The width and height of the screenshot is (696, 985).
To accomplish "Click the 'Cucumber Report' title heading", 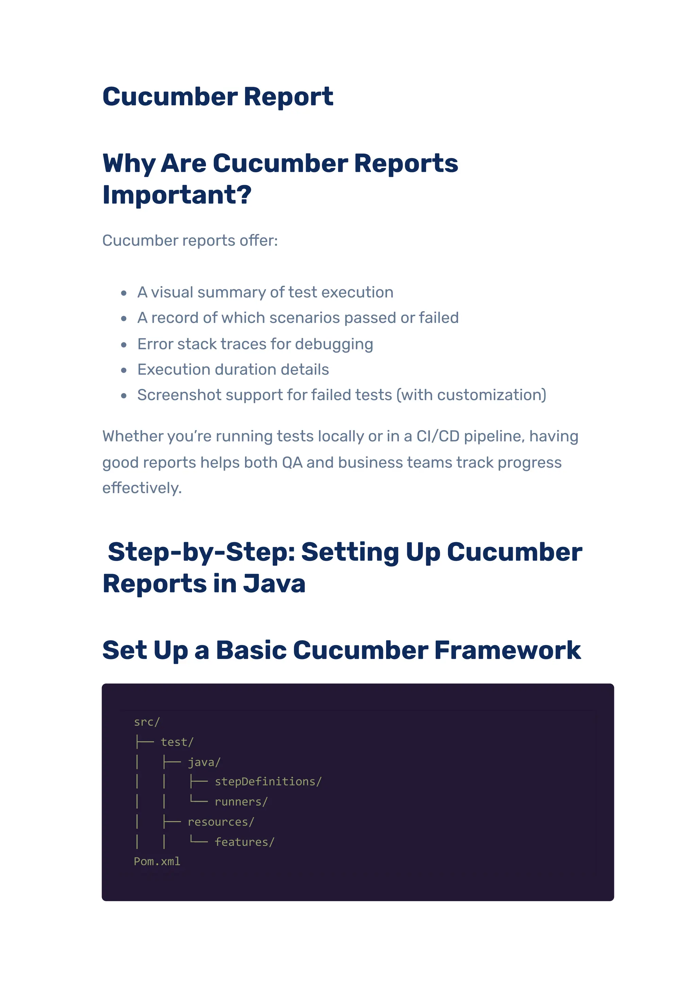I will pyautogui.click(x=217, y=97).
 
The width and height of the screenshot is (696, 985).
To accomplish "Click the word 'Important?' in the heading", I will pyautogui.click(x=177, y=195).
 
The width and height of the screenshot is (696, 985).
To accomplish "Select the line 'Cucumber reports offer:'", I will pyautogui.click(x=190, y=241).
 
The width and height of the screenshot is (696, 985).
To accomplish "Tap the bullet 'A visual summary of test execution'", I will pyautogui.click(x=265, y=293).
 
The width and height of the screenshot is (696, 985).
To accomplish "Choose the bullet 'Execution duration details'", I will pyautogui.click(x=233, y=369).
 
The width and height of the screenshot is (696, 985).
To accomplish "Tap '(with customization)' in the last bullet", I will pyautogui.click(x=471, y=395).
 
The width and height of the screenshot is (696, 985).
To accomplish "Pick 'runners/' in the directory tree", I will pyautogui.click(x=241, y=802).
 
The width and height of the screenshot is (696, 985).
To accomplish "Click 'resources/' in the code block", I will pyautogui.click(x=221, y=822).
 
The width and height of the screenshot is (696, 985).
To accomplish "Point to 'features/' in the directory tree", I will pyautogui.click(x=244, y=842).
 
